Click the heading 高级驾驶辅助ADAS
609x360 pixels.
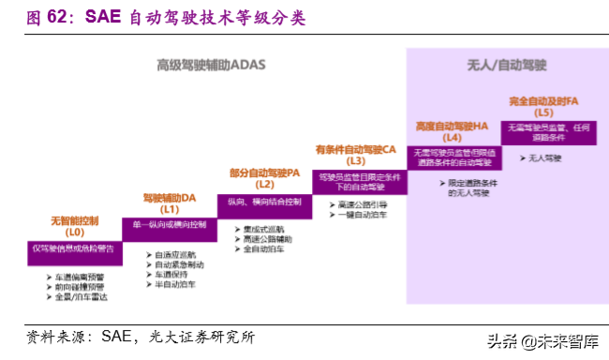coord(212,65)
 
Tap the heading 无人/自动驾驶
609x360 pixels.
coord(506,65)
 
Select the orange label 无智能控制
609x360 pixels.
coord(75,220)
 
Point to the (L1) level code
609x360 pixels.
coord(170,210)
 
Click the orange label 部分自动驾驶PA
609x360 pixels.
coord(264,172)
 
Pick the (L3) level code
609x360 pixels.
coord(355,160)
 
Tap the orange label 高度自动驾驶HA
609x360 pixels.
coord(453,125)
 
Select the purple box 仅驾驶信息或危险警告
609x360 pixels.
coord(74,248)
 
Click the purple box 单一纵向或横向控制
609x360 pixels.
coord(170,225)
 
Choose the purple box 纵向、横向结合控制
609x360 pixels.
coord(264,201)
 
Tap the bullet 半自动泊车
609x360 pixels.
coord(175,283)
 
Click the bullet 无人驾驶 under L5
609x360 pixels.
coord(544,158)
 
